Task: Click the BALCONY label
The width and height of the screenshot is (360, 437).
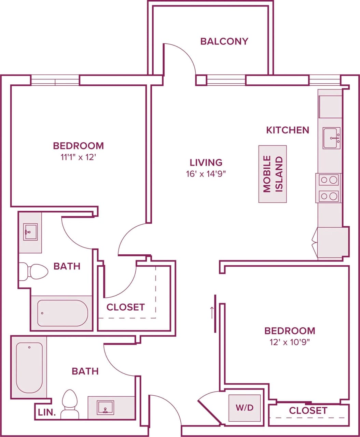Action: click(x=224, y=41)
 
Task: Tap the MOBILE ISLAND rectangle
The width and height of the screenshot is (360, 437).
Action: click(x=273, y=174)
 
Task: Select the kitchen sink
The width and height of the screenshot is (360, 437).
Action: click(x=332, y=138)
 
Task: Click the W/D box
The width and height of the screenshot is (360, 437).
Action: click(x=245, y=408)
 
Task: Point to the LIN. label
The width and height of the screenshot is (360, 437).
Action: click(x=47, y=412)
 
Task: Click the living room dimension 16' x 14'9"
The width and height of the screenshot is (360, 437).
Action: click(x=206, y=174)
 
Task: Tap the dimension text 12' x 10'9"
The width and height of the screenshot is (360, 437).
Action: click(x=290, y=342)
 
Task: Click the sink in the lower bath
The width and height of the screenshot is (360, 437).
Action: click(x=105, y=408)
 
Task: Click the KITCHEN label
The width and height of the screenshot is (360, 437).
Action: click(x=288, y=130)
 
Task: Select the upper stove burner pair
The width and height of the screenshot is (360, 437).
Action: click(x=329, y=180)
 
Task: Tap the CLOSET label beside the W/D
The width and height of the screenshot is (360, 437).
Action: click(x=308, y=410)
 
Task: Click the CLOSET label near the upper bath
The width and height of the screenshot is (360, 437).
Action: click(x=125, y=307)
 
